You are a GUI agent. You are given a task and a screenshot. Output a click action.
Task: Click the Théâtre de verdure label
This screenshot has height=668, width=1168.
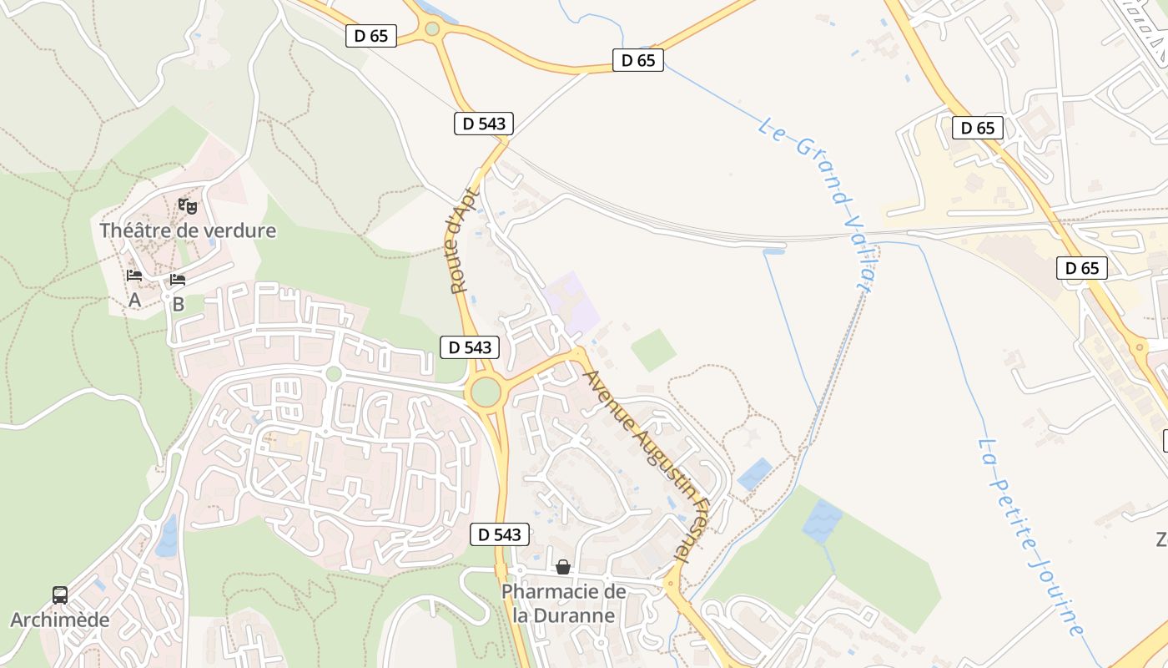click(x=188, y=230)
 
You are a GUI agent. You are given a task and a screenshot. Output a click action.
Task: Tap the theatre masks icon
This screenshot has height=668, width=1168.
click(x=188, y=205)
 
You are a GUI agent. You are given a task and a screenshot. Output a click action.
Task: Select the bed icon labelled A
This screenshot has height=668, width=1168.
click(x=133, y=275)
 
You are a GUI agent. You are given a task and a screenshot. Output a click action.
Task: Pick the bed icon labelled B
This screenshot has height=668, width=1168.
click(x=177, y=280)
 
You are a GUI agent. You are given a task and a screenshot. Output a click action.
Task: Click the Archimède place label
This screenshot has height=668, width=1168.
click(x=60, y=620)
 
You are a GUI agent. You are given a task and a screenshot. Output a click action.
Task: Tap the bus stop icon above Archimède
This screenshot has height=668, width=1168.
click(x=60, y=595)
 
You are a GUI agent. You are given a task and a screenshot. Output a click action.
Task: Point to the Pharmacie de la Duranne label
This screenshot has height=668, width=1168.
click(x=563, y=604)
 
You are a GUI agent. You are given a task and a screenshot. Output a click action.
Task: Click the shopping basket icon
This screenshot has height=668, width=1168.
click(x=563, y=568)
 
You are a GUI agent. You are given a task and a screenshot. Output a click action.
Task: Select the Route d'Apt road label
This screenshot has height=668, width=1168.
click(x=461, y=240)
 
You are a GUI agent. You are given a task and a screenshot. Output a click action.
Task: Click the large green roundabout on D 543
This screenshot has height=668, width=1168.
click(x=485, y=391)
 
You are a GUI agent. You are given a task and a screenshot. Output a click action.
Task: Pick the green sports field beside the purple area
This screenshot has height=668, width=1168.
click(x=653, y=350)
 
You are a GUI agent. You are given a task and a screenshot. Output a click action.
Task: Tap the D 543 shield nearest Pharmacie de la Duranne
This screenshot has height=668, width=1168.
click(x=500, y=534)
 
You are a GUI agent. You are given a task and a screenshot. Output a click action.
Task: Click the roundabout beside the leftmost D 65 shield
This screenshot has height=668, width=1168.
click(x=432, y=29)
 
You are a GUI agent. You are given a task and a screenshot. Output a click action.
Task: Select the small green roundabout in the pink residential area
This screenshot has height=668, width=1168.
click(x=334, y=373)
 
